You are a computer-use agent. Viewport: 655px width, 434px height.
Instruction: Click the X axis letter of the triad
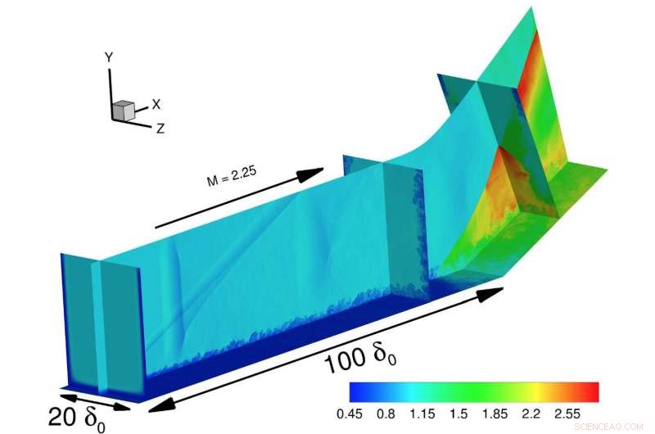(156, 105)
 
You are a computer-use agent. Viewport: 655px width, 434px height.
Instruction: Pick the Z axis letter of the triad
(160, 128)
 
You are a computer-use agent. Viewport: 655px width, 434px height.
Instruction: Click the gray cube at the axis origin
(124, 111)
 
